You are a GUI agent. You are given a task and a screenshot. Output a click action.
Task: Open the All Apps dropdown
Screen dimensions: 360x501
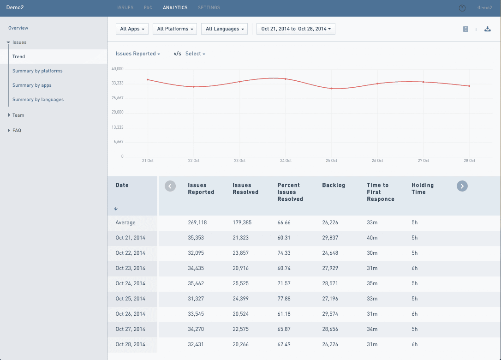pos(132,29)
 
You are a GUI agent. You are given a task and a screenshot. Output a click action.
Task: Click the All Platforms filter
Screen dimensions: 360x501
pos(175,29)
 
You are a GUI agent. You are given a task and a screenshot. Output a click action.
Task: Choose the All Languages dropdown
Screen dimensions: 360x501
pos(225,29)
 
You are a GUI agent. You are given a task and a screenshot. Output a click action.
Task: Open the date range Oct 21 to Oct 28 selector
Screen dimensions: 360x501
pos(296,29)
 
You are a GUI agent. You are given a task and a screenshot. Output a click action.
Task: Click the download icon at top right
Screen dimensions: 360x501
pos(488,29)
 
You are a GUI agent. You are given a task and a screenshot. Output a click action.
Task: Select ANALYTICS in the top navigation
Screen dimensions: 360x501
pos(175,8)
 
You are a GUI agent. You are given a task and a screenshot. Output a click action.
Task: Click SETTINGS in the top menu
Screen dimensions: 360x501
pos(209,8)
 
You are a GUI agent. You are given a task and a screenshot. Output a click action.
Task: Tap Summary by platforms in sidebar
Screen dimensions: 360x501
pos(37,71)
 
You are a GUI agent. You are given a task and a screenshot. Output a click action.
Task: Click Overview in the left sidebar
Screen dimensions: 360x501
pos(18,28)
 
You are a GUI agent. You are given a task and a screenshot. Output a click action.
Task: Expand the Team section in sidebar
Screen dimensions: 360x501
pos(18,115)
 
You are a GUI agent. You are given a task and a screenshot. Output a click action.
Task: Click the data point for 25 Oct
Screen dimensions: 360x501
pos(331,88)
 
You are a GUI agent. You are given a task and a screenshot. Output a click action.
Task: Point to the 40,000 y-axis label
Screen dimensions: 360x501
pos(117,69)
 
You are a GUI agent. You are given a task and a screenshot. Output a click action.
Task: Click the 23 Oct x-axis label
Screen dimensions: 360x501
pos(239,161)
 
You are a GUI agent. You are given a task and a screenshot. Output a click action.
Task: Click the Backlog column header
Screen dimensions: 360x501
pos(334,185)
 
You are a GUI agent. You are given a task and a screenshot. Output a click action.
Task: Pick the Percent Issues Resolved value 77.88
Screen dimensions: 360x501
pos(284,299)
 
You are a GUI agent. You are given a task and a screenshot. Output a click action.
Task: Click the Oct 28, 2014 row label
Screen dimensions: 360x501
pos(130,344)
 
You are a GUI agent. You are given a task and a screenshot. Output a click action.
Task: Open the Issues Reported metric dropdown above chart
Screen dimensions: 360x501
pos(137,54)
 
